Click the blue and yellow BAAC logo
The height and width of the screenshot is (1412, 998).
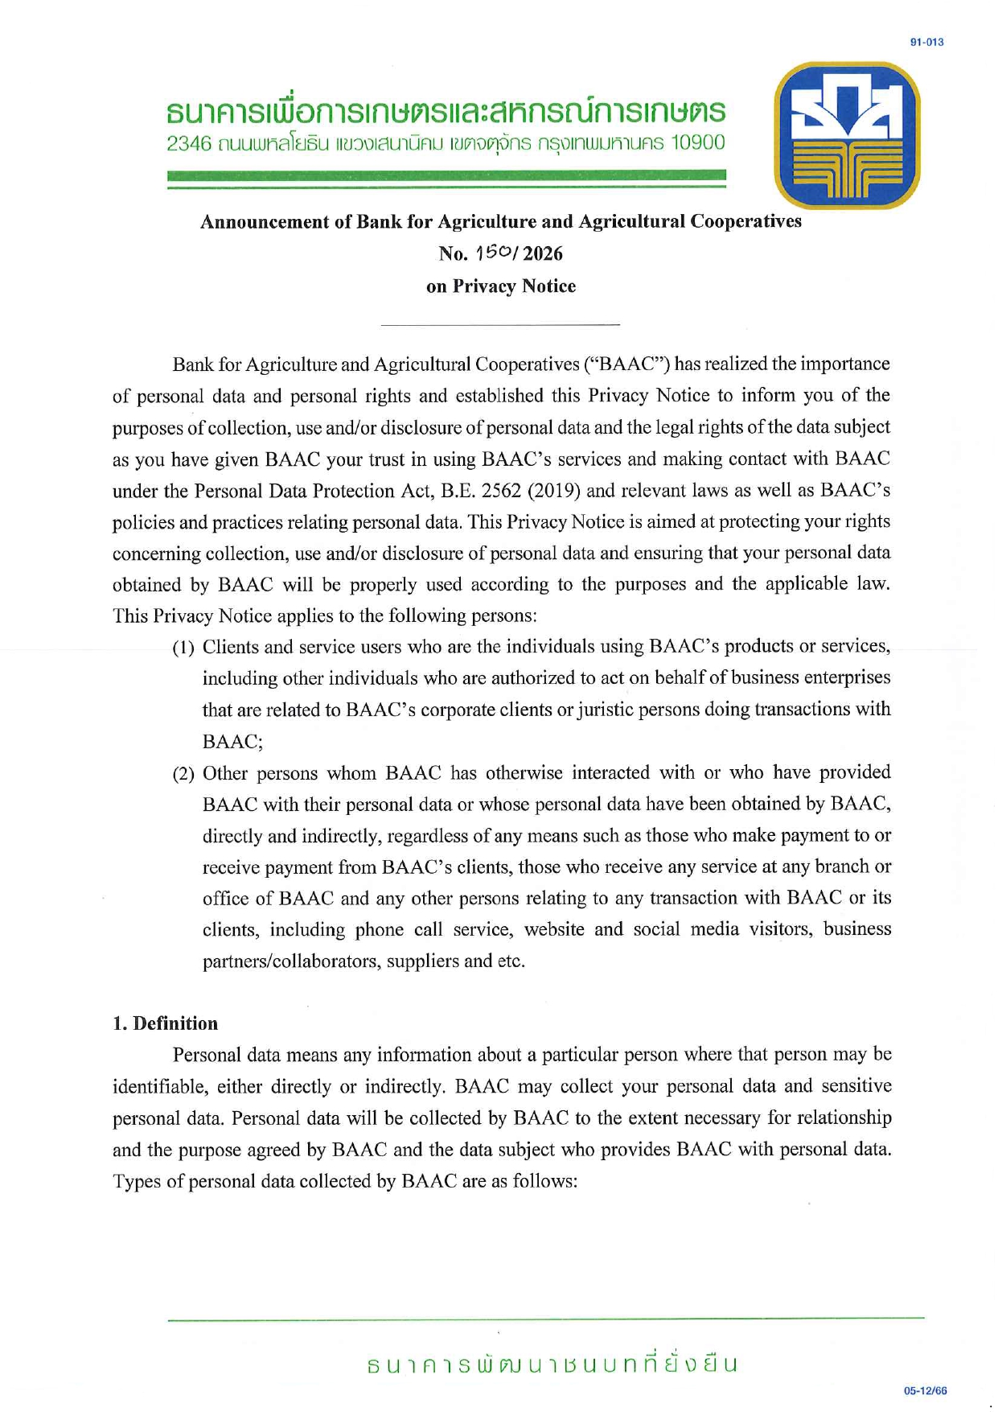(846, 134)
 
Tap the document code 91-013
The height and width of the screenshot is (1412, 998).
(926, 42)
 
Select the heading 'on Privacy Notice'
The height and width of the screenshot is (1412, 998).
(500, 286)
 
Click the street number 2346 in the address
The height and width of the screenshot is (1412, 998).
(189, 144)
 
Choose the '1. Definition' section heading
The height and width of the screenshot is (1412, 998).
(165, 1023)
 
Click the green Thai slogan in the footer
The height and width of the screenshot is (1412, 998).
(552, 1365)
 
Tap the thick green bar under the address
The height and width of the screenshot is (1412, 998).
(446, 175)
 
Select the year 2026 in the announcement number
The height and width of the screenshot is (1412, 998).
(541, 254)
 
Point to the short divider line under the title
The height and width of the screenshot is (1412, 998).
(499, 324)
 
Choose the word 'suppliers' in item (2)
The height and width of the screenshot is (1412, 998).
(423, 961)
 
